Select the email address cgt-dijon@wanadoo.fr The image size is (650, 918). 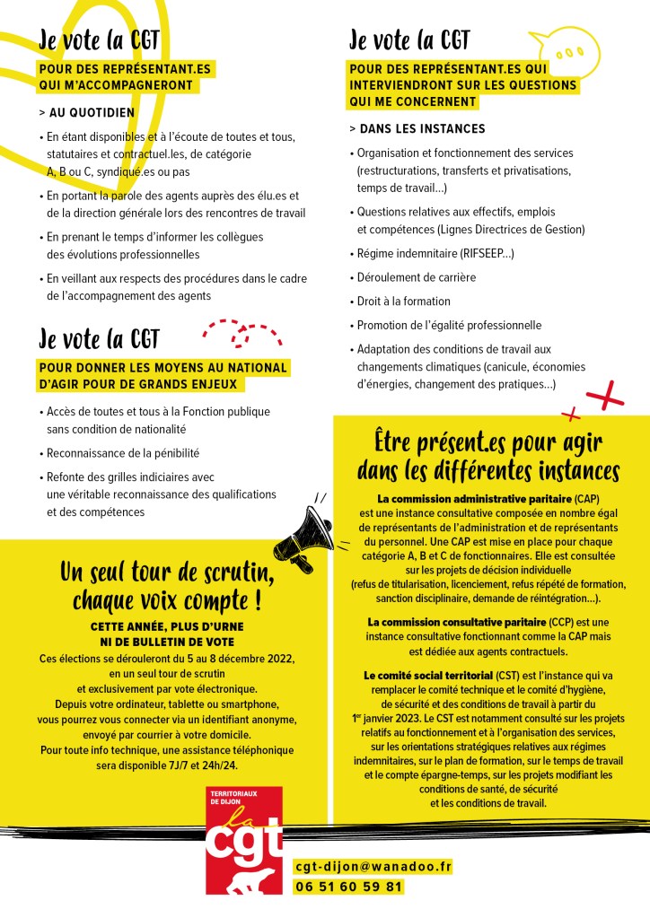(373, 867)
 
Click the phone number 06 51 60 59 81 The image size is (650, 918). (348, 887)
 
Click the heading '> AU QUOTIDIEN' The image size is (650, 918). (87, 113)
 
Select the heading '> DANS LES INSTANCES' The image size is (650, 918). (417, 129)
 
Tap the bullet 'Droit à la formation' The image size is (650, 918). (403, 302)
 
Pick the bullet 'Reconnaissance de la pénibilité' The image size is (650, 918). (122, 453)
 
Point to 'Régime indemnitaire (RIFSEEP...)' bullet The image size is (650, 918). (435, 254)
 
